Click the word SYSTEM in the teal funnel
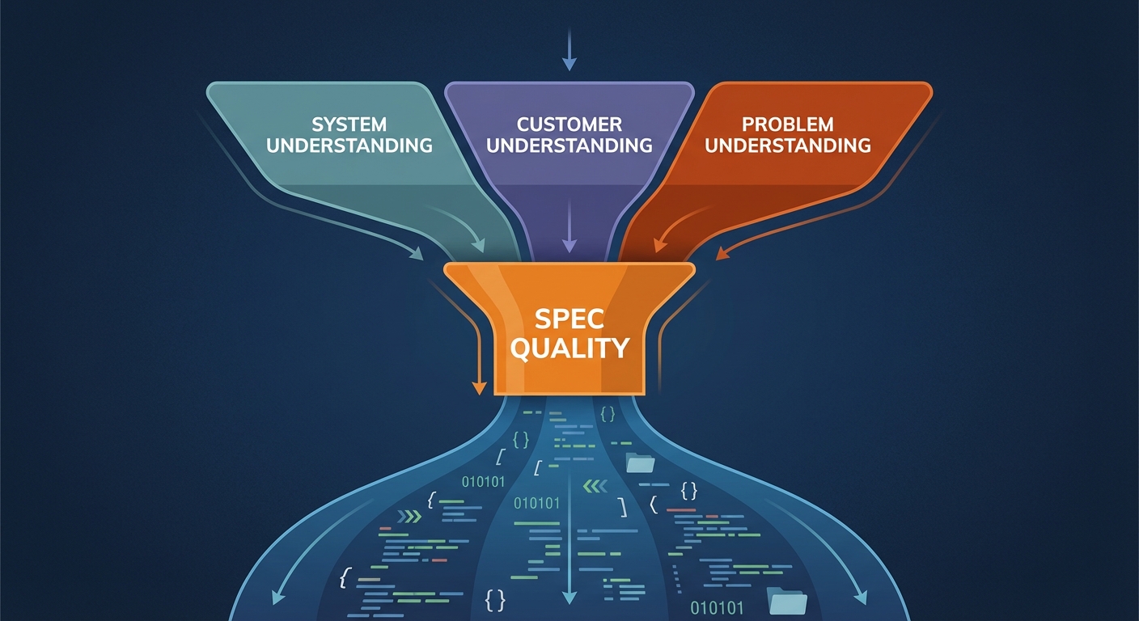tap(349, 125)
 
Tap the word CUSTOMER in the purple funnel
tap(569, 125)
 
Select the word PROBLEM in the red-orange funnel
tap(787, 125)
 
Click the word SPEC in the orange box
tap(569, 319)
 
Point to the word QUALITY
tap(570, 348)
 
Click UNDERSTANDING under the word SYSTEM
tap(349, 146)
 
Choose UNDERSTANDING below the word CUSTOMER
tap(569, 146)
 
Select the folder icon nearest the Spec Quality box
tap(640, 463)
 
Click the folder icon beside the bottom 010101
tap(787, 601)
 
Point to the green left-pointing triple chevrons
tap(595, 486)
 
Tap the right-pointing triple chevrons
tap(410, 516)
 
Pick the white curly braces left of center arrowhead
tap(495, 601)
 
